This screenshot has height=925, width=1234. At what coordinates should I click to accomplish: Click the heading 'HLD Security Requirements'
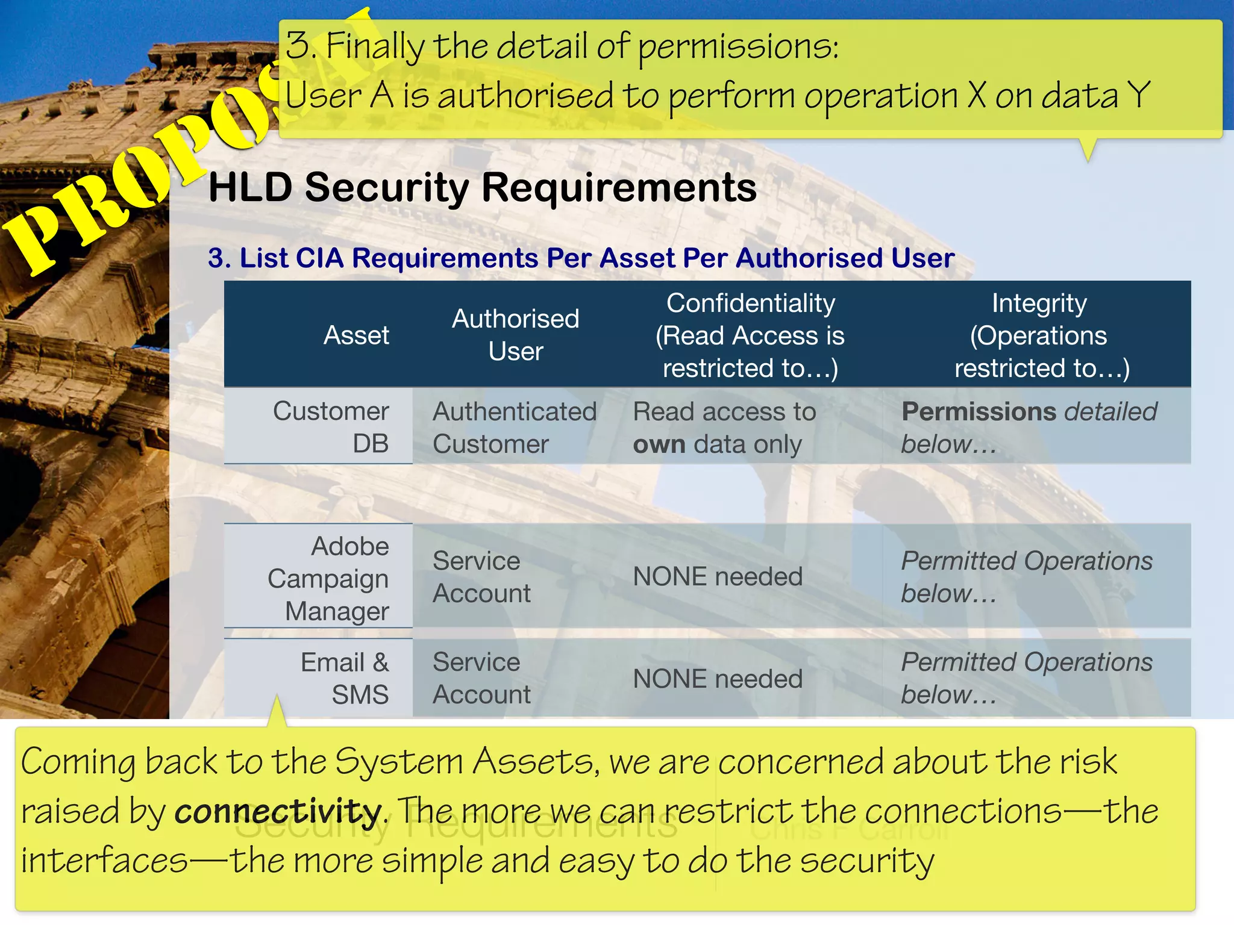[482, 187]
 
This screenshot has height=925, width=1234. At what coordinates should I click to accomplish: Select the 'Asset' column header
[356, 335]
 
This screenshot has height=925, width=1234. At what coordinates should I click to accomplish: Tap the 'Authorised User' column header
[515, 335]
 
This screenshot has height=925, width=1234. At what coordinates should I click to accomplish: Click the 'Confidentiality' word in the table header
[750, 303]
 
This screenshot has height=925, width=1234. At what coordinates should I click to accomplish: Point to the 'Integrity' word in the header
[1039, 303]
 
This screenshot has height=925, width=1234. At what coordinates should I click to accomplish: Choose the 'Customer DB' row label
[331, 427]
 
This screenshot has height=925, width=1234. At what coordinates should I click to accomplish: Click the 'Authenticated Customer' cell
[514, 428]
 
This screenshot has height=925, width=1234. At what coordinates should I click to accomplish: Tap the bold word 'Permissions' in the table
[979, 412]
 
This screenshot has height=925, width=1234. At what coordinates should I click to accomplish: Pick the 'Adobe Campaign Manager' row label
[329, 578]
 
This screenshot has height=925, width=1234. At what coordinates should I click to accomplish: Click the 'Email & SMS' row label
[345, 678]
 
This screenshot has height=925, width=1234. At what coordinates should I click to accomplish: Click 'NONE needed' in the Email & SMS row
[718, 679]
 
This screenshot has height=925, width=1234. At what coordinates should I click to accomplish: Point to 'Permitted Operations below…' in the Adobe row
[1026, 577]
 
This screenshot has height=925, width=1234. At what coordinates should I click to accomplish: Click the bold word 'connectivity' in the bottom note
[277, 811]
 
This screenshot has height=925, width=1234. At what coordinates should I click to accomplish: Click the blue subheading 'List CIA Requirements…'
[581, 258]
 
